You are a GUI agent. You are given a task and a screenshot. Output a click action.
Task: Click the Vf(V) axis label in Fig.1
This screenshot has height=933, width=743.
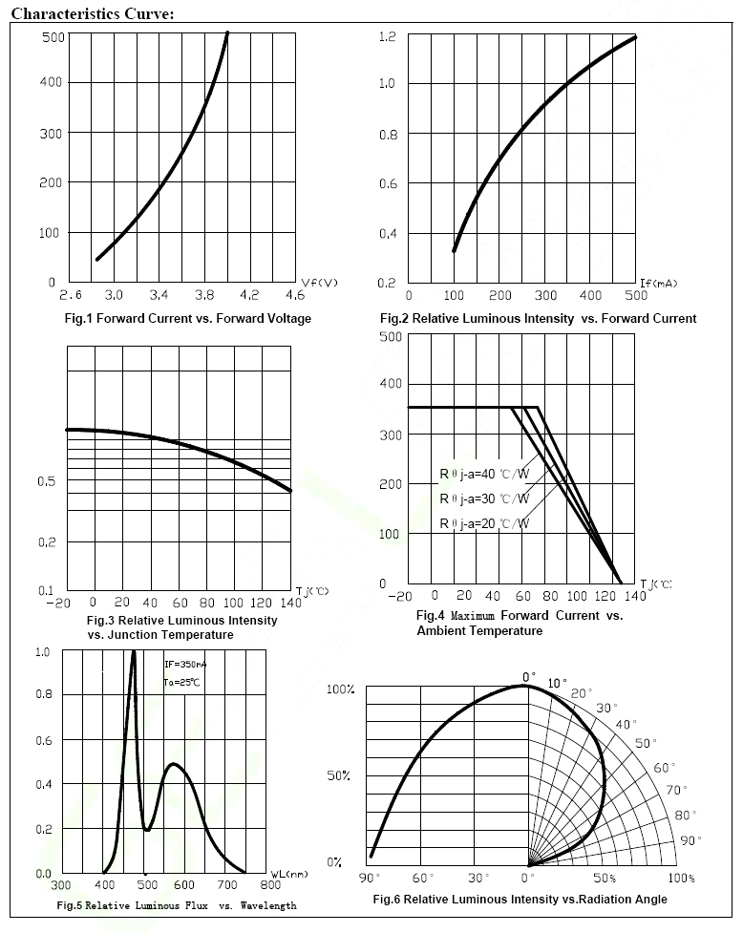(320, 284)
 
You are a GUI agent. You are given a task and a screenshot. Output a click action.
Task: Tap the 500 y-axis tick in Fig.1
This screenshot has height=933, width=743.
(52, 36)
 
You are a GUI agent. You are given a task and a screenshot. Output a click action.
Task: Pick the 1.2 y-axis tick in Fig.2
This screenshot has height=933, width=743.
(387, 36)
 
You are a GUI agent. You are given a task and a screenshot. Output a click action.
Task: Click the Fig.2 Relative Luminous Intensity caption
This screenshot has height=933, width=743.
(538, 318)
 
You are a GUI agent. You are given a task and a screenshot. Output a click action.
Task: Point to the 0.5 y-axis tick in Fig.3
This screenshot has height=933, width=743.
(47, 480)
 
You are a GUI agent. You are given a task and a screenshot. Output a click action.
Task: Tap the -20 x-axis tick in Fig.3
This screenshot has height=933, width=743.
(60, 603)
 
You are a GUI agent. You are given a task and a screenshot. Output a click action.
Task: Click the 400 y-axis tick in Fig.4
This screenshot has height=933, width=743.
(390, 384)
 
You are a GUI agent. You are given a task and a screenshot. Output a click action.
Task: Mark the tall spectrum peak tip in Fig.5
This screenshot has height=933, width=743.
(133, 652)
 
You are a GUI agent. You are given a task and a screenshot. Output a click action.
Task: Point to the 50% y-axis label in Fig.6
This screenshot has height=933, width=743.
(339, 775)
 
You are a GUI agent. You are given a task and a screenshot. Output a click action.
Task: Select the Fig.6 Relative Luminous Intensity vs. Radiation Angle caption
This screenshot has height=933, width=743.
(520, 899)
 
